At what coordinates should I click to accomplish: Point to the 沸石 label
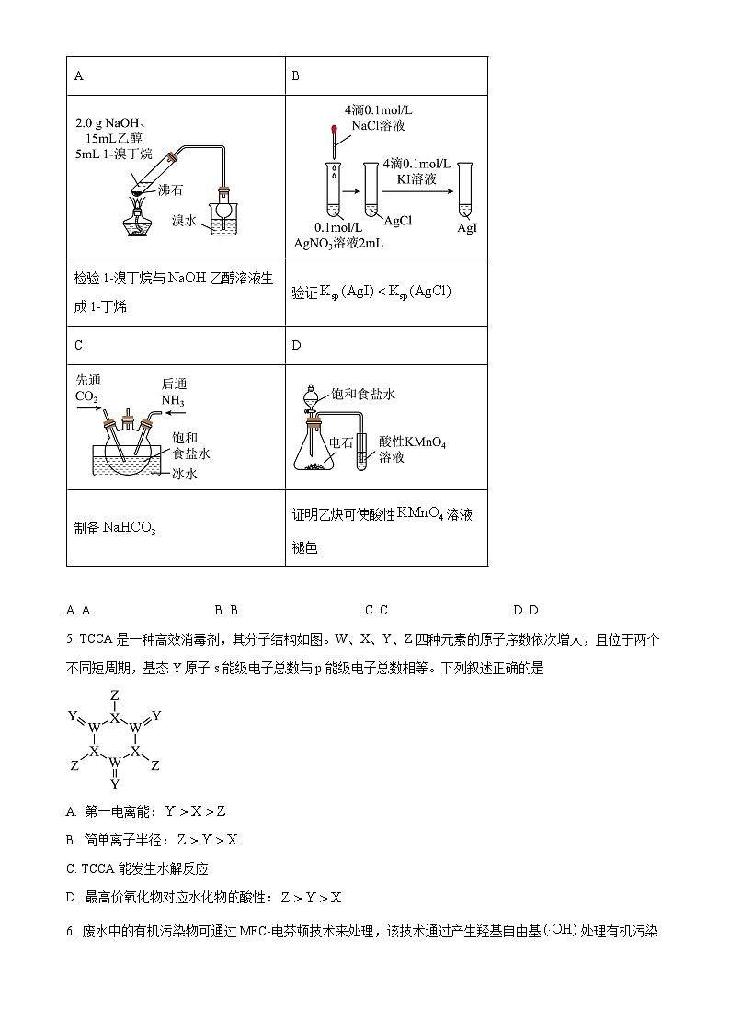click(171, 190)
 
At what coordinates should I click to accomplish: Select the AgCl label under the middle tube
click(397, 221)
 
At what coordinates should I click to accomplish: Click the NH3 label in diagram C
click(173, 401)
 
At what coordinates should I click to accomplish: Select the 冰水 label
click(186, 474)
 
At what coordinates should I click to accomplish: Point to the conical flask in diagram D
click(318, 451)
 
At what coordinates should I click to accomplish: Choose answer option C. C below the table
click(376, 610)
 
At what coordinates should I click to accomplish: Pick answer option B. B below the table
click(226, 610)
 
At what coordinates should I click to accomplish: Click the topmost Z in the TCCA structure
click(114, 694)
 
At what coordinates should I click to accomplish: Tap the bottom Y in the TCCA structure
click(114, 785)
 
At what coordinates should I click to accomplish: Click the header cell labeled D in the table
click(296, 345)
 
